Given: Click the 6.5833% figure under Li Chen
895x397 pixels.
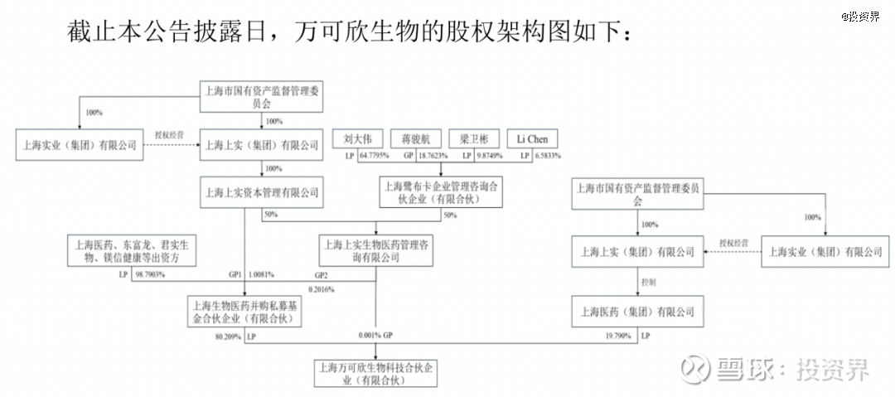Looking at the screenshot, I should [546, 156].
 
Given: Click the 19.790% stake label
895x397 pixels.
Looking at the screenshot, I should [613, 336].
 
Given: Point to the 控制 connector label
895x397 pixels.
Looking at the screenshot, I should [649, 282].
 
